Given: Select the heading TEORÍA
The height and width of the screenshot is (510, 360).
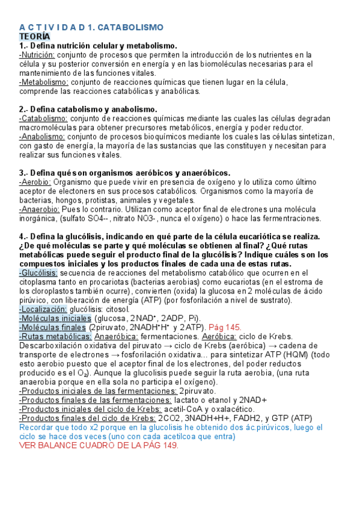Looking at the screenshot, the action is [35, 37].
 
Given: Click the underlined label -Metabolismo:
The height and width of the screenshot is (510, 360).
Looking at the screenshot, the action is [44, 82].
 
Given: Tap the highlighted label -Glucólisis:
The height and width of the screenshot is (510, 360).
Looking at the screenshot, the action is [38, 273].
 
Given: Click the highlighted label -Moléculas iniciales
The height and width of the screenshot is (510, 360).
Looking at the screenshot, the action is [55, 318].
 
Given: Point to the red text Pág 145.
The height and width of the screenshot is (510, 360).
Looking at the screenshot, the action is [225, 327].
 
